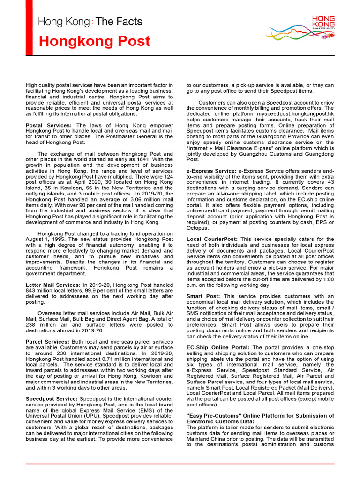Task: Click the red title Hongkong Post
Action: (95, 41)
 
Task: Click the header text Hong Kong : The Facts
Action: (90, 22)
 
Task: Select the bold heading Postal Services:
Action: (49, 126)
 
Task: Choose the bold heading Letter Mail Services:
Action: (53, 285)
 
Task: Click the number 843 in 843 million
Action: (31, 290)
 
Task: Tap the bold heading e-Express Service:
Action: (211, 171)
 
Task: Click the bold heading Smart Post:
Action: (204, 296)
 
